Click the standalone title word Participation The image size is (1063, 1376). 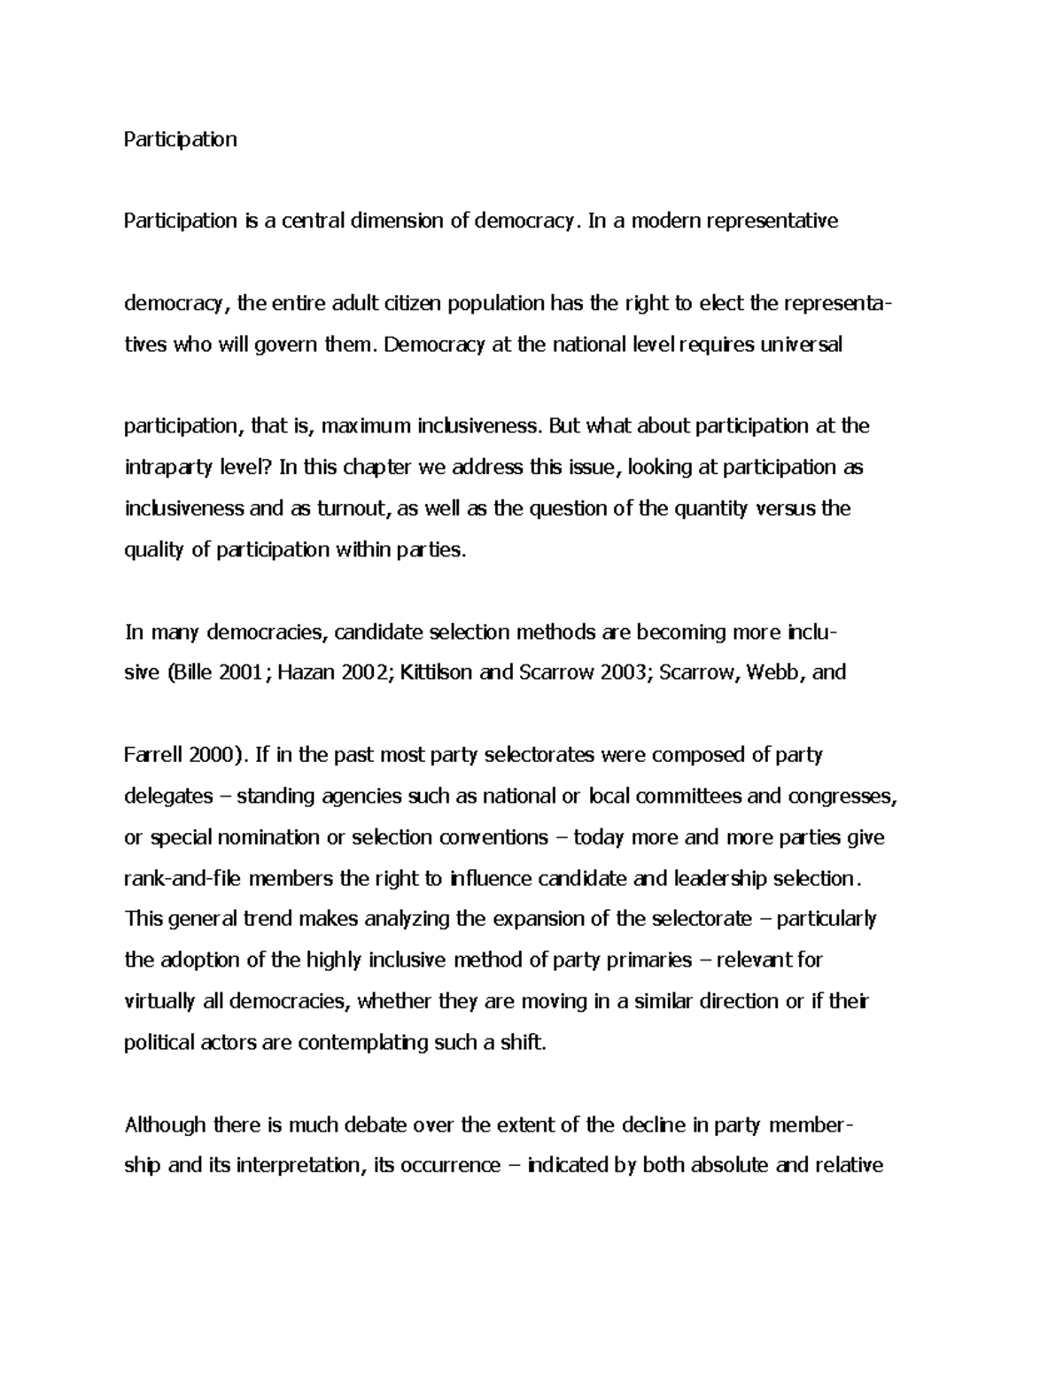[181, 139]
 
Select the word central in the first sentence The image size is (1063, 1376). [313, 221]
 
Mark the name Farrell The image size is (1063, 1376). [154, 755]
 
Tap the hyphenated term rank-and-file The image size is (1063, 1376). [183, 879]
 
